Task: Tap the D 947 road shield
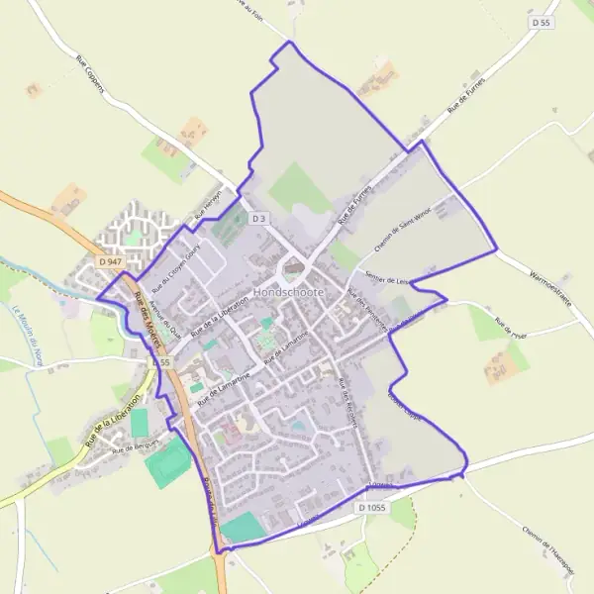pyautogui.click(x=110, y=261)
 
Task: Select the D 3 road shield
pyautogui.click(x=259, y=218)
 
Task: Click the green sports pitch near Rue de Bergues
pyautogui.click(x=169, y=461)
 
